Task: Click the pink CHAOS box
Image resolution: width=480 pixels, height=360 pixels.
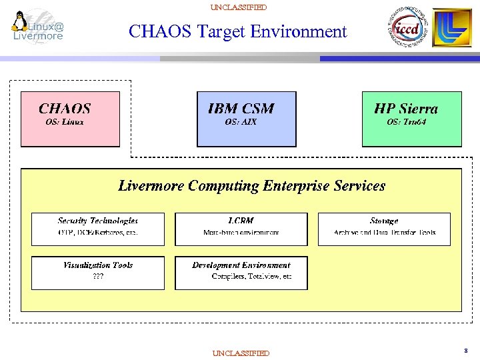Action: click(70, 119)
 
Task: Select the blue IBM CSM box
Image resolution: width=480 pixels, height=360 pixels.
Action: click(246, 119)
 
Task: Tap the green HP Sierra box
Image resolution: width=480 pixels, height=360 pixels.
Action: click(411, 119)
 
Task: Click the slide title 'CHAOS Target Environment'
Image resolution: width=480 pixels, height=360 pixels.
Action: click(237, 31)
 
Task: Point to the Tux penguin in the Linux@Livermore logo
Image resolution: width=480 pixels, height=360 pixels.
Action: click(19, 21)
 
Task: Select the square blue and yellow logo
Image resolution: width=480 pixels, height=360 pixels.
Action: click(452, 28)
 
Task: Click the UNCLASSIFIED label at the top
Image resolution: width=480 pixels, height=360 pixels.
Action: click(238, 7)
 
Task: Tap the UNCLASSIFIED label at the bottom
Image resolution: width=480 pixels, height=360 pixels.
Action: click(241, 353)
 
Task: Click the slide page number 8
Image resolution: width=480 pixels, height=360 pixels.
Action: click(465, 349)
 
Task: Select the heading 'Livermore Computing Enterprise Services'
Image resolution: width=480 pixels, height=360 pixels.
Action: click(251, 186)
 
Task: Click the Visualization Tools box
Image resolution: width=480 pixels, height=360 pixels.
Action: click(98, 273)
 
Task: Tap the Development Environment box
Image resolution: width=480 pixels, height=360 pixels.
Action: click(241, 273)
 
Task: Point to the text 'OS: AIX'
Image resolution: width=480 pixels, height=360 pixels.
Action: click(241, 123)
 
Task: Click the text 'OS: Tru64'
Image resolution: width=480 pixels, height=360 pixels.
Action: click(406, 123)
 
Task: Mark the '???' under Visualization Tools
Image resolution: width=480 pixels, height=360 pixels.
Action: click(97, 276)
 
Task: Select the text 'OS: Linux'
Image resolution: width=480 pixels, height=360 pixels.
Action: click(65, 123)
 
